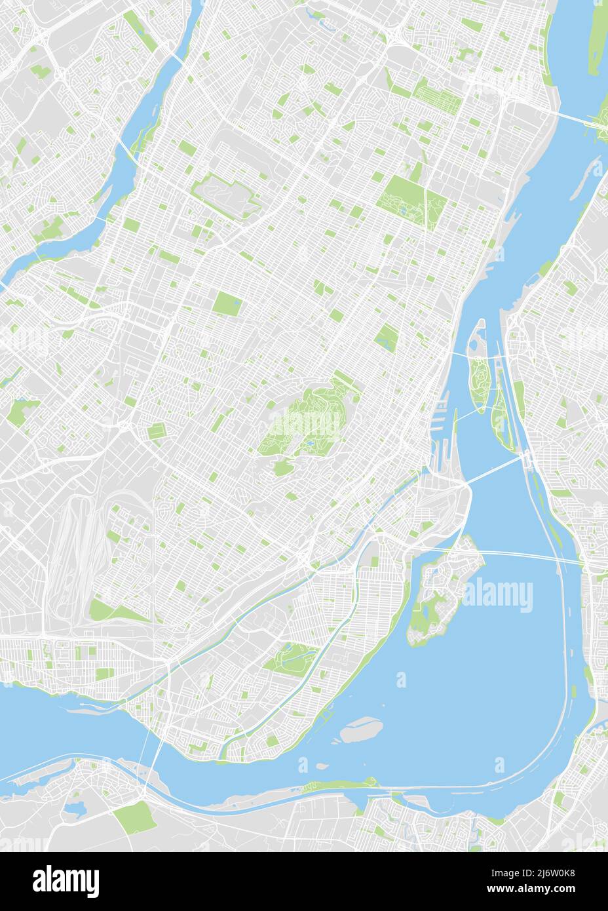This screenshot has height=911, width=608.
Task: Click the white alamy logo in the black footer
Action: point(66,880)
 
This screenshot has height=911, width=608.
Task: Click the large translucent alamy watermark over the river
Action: point(498,595)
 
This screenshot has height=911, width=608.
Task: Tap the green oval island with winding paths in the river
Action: point(478,377)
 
